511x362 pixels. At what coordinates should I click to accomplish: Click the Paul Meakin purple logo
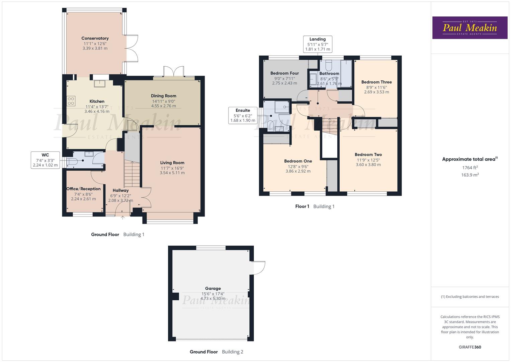click(x=470, y=28)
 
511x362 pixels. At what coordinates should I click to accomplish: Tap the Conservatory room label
click(x=95, y=38)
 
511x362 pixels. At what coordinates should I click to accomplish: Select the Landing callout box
click(x=318, y=44)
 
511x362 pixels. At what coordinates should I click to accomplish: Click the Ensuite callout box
click(x=243, y=115)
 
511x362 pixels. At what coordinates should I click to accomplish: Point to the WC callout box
click(x=45, y=160)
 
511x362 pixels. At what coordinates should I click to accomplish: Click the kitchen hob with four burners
click(x=71, y=101)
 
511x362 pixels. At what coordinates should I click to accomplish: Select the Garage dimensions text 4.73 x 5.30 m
click(x=213, y=299)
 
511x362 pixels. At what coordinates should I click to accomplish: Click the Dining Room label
click(x=163, y=96)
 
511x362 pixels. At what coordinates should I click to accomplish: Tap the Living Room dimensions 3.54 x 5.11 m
click(x=172, y=173)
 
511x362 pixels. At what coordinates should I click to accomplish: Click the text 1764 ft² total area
click(x=470, y=168)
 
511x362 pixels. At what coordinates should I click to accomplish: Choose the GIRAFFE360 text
click(x=470, y=347)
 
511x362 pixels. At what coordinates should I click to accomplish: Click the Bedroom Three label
click(x=376, y=82)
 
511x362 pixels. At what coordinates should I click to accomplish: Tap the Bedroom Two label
click(x=368, y=155)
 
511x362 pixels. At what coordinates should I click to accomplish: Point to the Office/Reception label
click(x=83, y=189)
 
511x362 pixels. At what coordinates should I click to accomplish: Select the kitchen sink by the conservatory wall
click(x=99, y=83)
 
